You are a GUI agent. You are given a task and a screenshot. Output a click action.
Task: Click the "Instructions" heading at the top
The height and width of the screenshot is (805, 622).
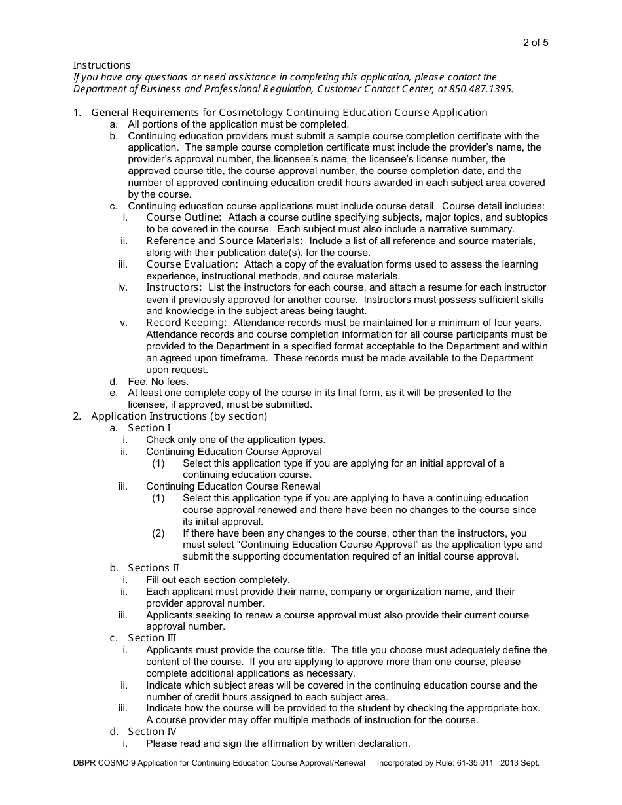tap(101, 65)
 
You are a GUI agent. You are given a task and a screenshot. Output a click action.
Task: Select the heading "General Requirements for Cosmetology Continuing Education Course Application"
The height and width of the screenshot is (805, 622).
tap(289, 113)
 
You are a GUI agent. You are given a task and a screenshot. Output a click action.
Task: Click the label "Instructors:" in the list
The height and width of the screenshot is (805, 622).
tap(174, 287)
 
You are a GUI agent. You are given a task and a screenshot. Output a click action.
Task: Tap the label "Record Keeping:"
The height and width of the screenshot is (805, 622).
tap(187, 323)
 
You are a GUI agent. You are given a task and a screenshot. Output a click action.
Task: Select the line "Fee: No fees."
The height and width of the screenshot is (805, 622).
tap(158, 382)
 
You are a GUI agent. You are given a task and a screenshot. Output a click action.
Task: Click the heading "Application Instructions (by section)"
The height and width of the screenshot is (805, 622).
tap(179, 416)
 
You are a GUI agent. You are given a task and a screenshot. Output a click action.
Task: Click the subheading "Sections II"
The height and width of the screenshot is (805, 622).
tap(153, 568)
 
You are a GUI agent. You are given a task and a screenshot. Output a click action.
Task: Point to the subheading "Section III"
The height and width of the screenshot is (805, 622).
tap(152, 638)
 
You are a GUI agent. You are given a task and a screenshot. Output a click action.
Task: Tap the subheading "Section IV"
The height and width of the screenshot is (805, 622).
tap(152, 732)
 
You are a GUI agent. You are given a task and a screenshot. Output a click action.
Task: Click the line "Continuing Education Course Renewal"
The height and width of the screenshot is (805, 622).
tap(233, 486)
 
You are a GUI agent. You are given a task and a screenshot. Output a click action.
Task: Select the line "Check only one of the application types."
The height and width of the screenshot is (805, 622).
tap(236, 440)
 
